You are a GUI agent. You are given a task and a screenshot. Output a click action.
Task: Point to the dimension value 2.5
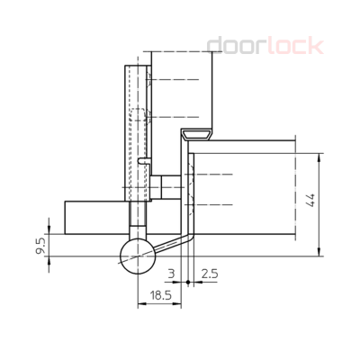click(x=209, y=272)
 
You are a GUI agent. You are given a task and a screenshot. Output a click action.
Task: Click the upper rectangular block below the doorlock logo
click(x=180, y=90)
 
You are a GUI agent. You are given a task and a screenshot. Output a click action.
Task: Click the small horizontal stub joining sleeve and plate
click(x=157, y=187)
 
